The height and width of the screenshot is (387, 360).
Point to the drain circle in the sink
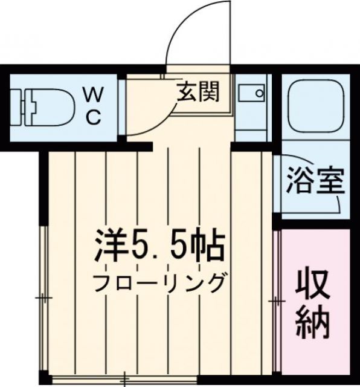click(x=260, y=94)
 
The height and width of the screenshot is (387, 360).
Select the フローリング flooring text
click(x=159, y=282)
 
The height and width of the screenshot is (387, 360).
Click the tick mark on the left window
click(x=43, y=299)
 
